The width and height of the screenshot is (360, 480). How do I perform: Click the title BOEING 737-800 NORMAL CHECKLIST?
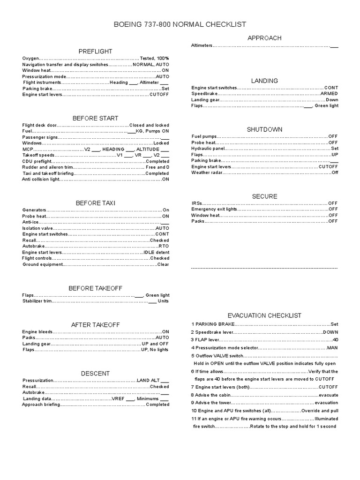click(x=180, y=24)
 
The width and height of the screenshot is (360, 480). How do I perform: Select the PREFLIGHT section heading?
click(x=95, y=51)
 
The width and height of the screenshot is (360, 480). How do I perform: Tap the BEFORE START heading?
click(x=95, y=118)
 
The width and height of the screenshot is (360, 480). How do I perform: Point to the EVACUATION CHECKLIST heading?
click(x=264, y=315)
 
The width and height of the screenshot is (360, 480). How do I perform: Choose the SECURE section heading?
click(x=264, y=196)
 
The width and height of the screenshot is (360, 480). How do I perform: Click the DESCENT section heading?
click(x=95, y=373)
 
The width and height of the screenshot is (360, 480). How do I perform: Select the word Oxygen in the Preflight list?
click(x=30, y=58)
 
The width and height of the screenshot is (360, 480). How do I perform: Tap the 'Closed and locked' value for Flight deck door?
click(x=149, y=126)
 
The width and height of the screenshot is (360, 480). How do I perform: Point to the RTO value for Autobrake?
click(x=164, y=246)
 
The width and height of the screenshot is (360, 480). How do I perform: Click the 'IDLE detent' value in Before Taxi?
click(x=157, y=252)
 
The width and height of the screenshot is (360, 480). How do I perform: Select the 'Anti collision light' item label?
click(x=41, y=179)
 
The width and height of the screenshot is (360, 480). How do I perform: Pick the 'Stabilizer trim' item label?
click(x=37, y=301)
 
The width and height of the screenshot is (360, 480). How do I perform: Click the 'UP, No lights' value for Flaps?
click(x=155, y=350)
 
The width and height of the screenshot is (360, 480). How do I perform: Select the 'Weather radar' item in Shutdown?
click(x=206, y=173)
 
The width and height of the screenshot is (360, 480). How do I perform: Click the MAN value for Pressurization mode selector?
click(x=332, y=348)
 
